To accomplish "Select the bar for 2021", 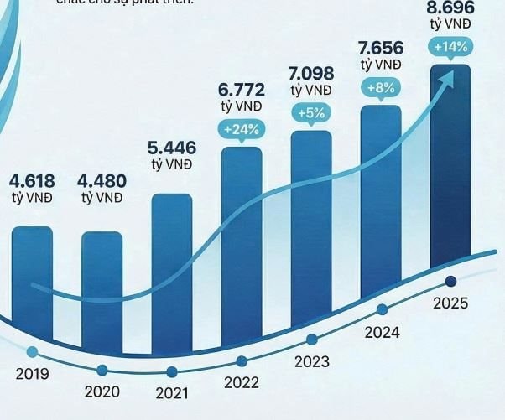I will click(172, 268).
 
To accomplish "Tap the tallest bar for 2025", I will click(450, 168).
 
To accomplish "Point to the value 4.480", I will click(102, 180).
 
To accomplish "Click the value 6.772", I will click(242, 91).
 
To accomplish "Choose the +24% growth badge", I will click(242, 129).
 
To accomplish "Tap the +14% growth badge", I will click(450, 48).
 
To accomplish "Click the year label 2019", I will click(32, 373).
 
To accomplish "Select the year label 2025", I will click(450, 303).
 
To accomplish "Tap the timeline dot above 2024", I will click(383, 309).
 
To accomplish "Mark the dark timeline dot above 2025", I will click(451, 281).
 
